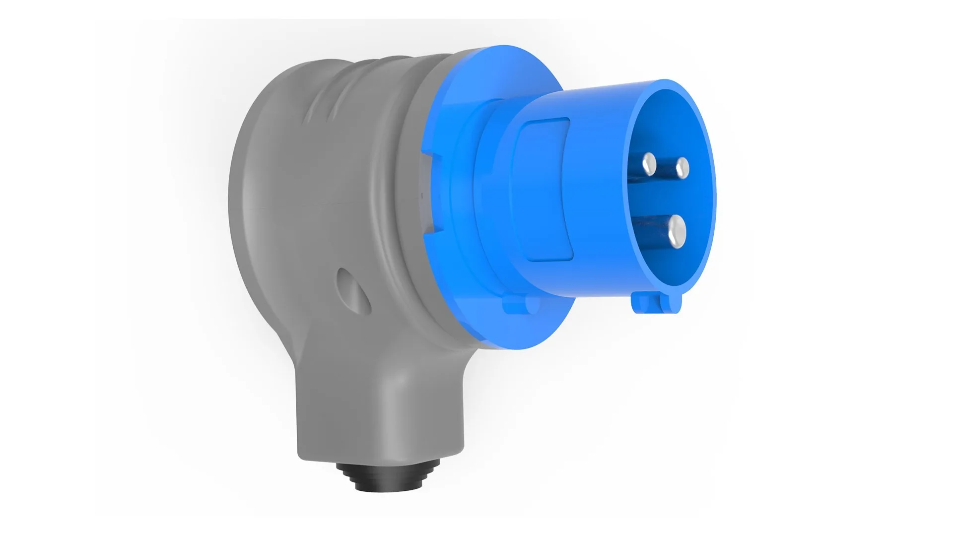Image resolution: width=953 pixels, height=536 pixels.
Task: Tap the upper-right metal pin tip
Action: pos(682,167)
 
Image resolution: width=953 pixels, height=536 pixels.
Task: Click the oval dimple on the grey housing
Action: pos(353,290)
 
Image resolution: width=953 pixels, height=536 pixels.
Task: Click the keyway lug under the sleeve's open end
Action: pos(656,303)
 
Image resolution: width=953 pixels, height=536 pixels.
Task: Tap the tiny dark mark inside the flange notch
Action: pos(422,196)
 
